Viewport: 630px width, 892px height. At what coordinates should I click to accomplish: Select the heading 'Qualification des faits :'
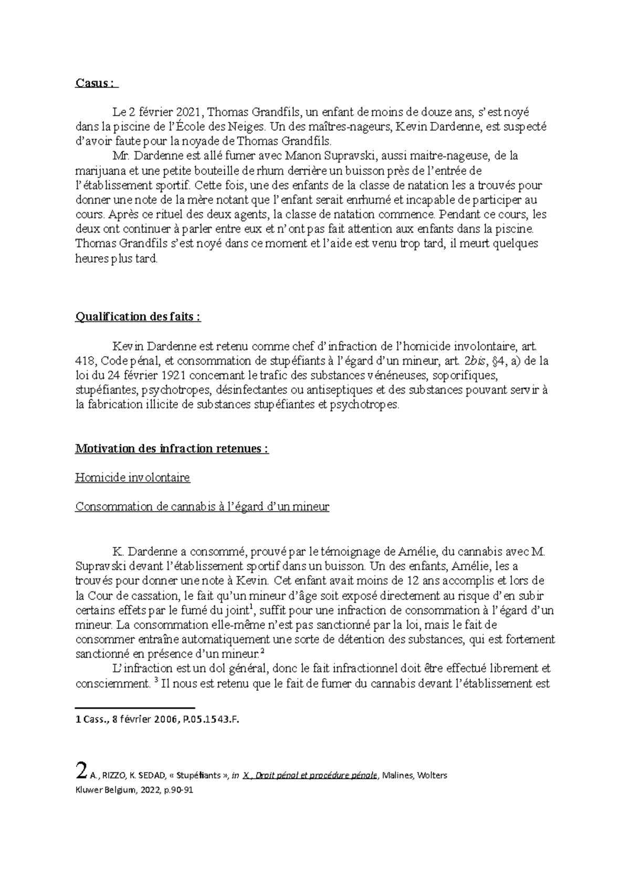tap(138, 317)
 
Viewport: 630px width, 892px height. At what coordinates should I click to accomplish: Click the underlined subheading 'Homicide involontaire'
tap(133, 478)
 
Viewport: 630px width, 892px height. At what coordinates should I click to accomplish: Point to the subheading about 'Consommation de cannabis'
tap(202, 507)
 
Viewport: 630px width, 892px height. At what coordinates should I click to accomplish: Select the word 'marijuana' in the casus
tap(98, 171)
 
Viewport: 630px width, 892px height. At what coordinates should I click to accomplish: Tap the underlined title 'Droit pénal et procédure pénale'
tap(314, 775)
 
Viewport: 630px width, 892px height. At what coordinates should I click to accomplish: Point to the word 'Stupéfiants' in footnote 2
tap(199, 775)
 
